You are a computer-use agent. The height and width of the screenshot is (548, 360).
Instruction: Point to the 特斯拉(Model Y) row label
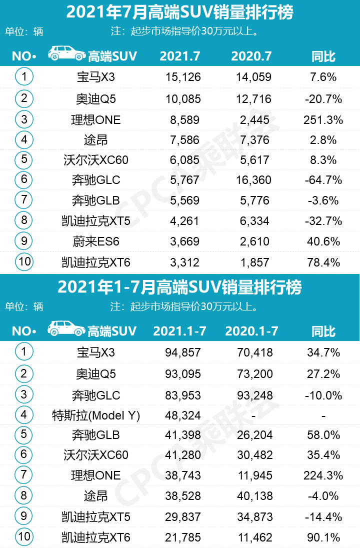[x=96, y=415]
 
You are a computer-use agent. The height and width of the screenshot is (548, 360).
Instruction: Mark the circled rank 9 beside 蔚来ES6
[x=23, y=241]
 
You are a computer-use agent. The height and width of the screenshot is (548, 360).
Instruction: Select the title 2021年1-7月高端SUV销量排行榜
[x=179, y=287]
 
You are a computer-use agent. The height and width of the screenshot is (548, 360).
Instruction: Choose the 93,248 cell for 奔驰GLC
[x=255, y=395]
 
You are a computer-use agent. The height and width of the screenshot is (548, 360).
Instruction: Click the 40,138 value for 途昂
[x=255, y=495]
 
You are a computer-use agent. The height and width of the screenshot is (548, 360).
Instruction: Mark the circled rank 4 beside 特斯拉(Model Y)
[x=23, y=414]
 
